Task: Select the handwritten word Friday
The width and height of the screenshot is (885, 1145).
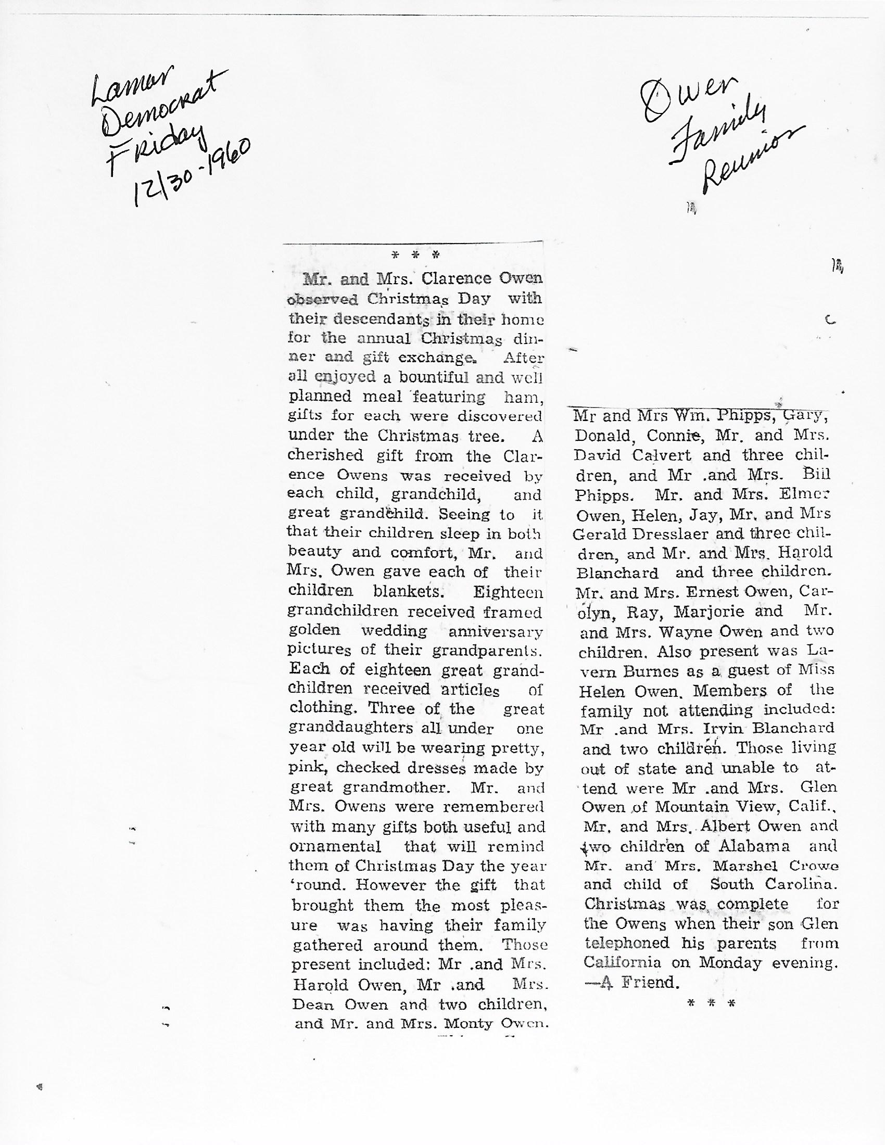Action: tap(155, 142)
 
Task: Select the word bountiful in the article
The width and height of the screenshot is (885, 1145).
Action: tap(438, 377)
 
